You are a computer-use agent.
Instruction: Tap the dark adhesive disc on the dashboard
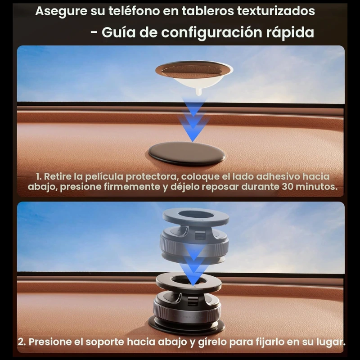point(186,153)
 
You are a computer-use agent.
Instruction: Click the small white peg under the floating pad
point(199,92)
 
